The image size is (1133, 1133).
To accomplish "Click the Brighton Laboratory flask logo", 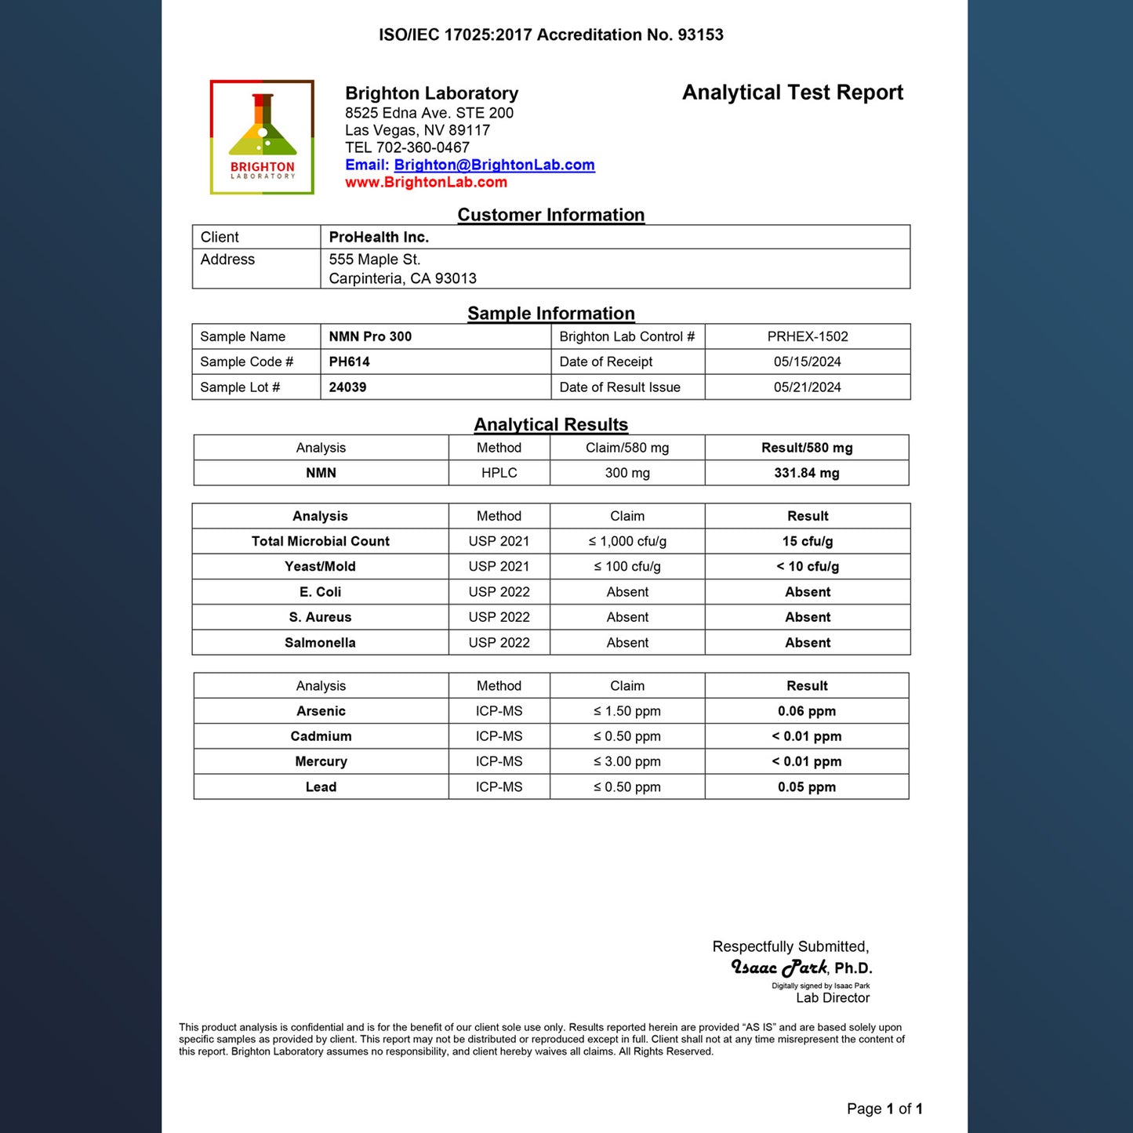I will [x=262, y=136].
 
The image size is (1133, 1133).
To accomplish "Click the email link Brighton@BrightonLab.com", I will [x=494, y=165].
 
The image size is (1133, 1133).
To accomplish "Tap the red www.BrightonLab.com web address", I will [x=426, y=182].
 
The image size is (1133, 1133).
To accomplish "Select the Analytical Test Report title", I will [x=792, y=93].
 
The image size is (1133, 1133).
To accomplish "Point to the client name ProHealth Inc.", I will [x=379, y=237].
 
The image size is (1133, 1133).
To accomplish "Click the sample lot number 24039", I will [x=347, y=387].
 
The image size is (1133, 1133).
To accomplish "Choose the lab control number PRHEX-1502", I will [x=807, y=336].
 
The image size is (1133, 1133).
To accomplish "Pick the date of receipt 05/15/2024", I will [x=807, y=361].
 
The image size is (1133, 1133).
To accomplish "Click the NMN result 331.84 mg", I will [x=806, y=473].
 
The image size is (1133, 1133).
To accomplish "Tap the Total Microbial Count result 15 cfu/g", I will [x=807, y=541].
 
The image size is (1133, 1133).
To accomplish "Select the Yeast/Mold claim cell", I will [x=627, y=566].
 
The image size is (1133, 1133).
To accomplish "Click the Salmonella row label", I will [x=320, y=642].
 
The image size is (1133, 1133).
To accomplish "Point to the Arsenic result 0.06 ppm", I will [x=806, y=711].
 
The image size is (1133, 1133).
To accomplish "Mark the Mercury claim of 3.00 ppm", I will [x=627, y=761].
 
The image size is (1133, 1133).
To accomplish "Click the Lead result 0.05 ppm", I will [x=806, y=786].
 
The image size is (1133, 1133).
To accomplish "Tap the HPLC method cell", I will [x=499, y=473].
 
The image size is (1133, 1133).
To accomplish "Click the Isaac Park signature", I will [x=779, y=968].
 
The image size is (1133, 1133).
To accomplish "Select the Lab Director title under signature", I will [x=832, y=997].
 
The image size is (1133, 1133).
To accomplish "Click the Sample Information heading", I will [x=550, y=314].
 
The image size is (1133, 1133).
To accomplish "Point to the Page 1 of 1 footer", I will [x=884, y=1108].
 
